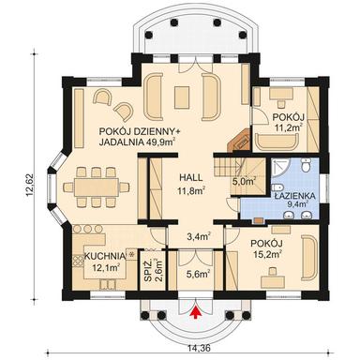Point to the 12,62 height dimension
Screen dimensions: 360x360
31,181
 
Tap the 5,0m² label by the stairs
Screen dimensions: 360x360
244,170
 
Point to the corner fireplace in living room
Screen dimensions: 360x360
241,138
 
